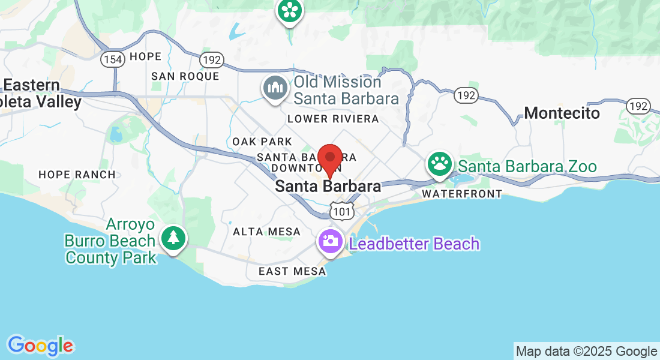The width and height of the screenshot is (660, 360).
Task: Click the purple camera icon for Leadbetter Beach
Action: [330, 241]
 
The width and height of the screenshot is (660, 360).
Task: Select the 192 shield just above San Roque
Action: [212, 60]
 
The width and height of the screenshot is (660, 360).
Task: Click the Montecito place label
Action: [562, 113]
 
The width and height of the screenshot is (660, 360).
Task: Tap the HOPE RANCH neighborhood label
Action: [77, 175]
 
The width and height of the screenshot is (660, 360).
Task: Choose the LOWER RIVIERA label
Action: [333, 119]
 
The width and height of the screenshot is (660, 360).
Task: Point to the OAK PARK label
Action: [262, 142]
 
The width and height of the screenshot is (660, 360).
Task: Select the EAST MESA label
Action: [292, 271]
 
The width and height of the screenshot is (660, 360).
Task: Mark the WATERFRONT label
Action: [461, 194]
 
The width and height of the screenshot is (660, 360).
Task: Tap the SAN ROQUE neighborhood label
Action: [185, 76]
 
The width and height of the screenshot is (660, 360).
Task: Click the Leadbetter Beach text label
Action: [414, 244]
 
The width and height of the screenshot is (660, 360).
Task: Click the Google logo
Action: [40, 346]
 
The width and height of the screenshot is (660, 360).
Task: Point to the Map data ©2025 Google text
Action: [586, 352]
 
